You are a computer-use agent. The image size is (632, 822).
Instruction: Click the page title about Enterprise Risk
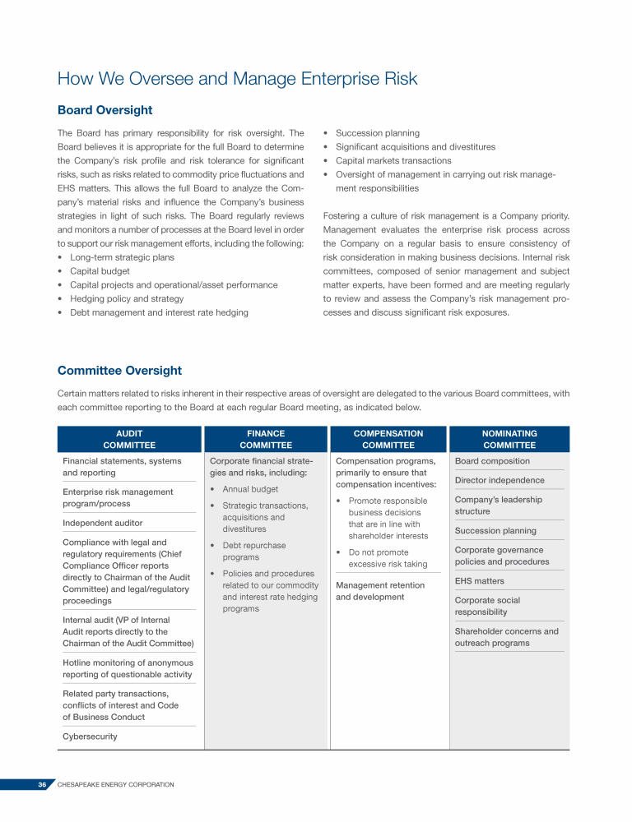(237, 79)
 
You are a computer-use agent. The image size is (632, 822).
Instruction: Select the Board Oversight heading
(105, 110)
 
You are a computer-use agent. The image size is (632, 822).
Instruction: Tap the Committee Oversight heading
(119, 371)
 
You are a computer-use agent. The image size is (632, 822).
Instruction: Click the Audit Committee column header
(129, 439)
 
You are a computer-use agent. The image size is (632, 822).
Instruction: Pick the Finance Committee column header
(266, 439)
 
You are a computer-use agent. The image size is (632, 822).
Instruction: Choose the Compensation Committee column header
(388, 439)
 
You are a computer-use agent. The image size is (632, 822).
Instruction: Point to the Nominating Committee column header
(509, 439)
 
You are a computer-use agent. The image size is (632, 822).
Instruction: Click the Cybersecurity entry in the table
(90, 737)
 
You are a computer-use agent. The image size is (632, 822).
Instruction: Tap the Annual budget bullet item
(250, 489)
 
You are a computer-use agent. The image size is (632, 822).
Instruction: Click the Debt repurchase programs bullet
(254, 551)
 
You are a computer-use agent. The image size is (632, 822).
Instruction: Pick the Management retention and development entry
(380, 591)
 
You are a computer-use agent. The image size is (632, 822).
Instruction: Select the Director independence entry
(500, 480)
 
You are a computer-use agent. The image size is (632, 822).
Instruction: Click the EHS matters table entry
(480, 581)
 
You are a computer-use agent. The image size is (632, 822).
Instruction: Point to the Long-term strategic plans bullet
(122, 257)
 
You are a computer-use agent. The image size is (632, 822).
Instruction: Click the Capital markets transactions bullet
(393, 160)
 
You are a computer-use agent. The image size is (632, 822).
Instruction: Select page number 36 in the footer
(42, 785)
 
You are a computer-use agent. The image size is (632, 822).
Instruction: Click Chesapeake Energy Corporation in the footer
(115, 785)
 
